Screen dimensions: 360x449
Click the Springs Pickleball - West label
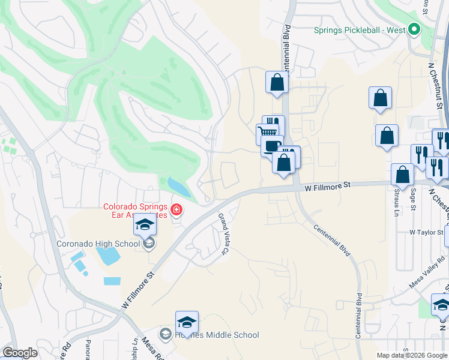(x=359, y=30)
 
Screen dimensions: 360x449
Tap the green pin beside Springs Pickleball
(x=413, y=29)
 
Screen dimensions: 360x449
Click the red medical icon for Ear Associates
(x=176, y=209)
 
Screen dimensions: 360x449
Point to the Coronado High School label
(x=98, y=244)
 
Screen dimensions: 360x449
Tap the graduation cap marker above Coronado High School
(x=144, y=225)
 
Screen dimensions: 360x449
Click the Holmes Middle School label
(x=216, y=335)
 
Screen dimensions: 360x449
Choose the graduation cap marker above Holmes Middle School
(x=187, y=322)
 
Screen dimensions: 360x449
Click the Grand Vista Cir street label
(x=223, y=233)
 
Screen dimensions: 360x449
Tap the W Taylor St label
(x=426, y=232)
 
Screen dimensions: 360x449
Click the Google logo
(x=20, y=353)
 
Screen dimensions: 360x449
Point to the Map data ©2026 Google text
(x=412, y=355)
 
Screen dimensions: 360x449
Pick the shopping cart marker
(x=267, y=133)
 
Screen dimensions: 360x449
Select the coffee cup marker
(x=272, y=146)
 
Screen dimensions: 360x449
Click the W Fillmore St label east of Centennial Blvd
(x=327, y=187)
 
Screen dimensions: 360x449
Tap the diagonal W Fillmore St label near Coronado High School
(x=139, y=290)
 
